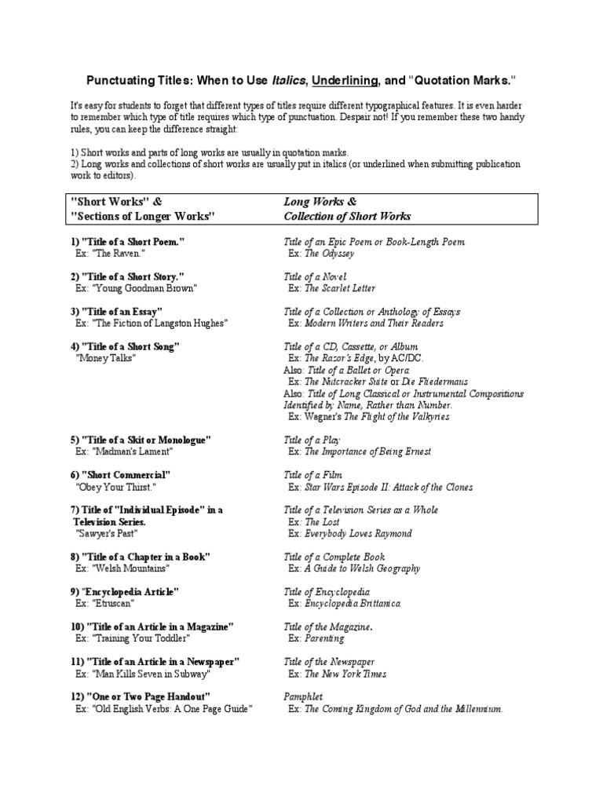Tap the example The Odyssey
click(x=329, y=254)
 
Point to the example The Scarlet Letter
click(x=340, y=288)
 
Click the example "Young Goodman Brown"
click(x=136, y=288)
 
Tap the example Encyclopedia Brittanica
click(x=352, y=603)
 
